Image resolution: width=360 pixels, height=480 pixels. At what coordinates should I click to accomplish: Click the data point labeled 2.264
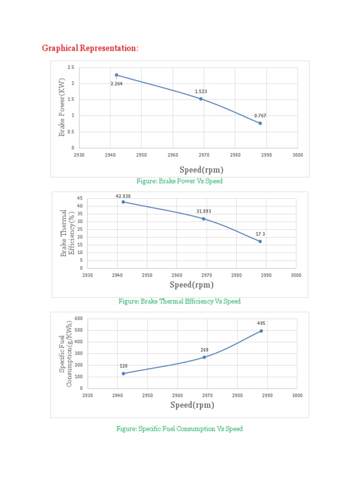pos(116,75)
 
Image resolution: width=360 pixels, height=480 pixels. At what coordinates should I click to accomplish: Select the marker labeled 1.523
pos(201,99)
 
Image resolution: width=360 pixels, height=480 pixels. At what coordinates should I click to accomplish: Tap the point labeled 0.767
pos(260,123)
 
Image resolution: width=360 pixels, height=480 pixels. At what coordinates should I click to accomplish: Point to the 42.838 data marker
pos(123,202)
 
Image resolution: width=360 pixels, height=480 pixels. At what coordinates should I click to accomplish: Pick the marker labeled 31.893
pos(203,219)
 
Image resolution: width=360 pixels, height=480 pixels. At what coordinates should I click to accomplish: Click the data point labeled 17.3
pos(260,241)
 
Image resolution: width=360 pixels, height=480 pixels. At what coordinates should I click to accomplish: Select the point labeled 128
pos(123,374)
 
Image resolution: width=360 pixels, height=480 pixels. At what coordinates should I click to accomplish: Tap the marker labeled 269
pos(204,357)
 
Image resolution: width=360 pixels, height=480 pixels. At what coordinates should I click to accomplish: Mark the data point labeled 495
pos(261,331)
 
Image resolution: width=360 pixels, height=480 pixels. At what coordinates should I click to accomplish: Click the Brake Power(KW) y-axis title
pos(61,108)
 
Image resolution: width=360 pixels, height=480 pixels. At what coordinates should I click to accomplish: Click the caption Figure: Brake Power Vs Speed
pos(180,181)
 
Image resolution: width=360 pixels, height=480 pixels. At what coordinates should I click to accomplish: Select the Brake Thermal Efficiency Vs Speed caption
pos(180,301)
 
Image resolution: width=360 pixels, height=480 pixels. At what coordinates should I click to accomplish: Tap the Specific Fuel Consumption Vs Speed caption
pos(180,429)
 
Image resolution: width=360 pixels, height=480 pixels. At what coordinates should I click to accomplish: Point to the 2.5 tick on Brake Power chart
pos(71,67)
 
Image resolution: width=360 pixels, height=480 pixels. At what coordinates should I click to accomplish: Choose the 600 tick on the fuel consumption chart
pos(78,319)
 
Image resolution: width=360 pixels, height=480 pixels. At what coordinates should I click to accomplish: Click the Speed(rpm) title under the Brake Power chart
pos(201,170)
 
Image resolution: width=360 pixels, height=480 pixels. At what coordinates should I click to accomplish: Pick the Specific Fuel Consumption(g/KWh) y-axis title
pos(66,354)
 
